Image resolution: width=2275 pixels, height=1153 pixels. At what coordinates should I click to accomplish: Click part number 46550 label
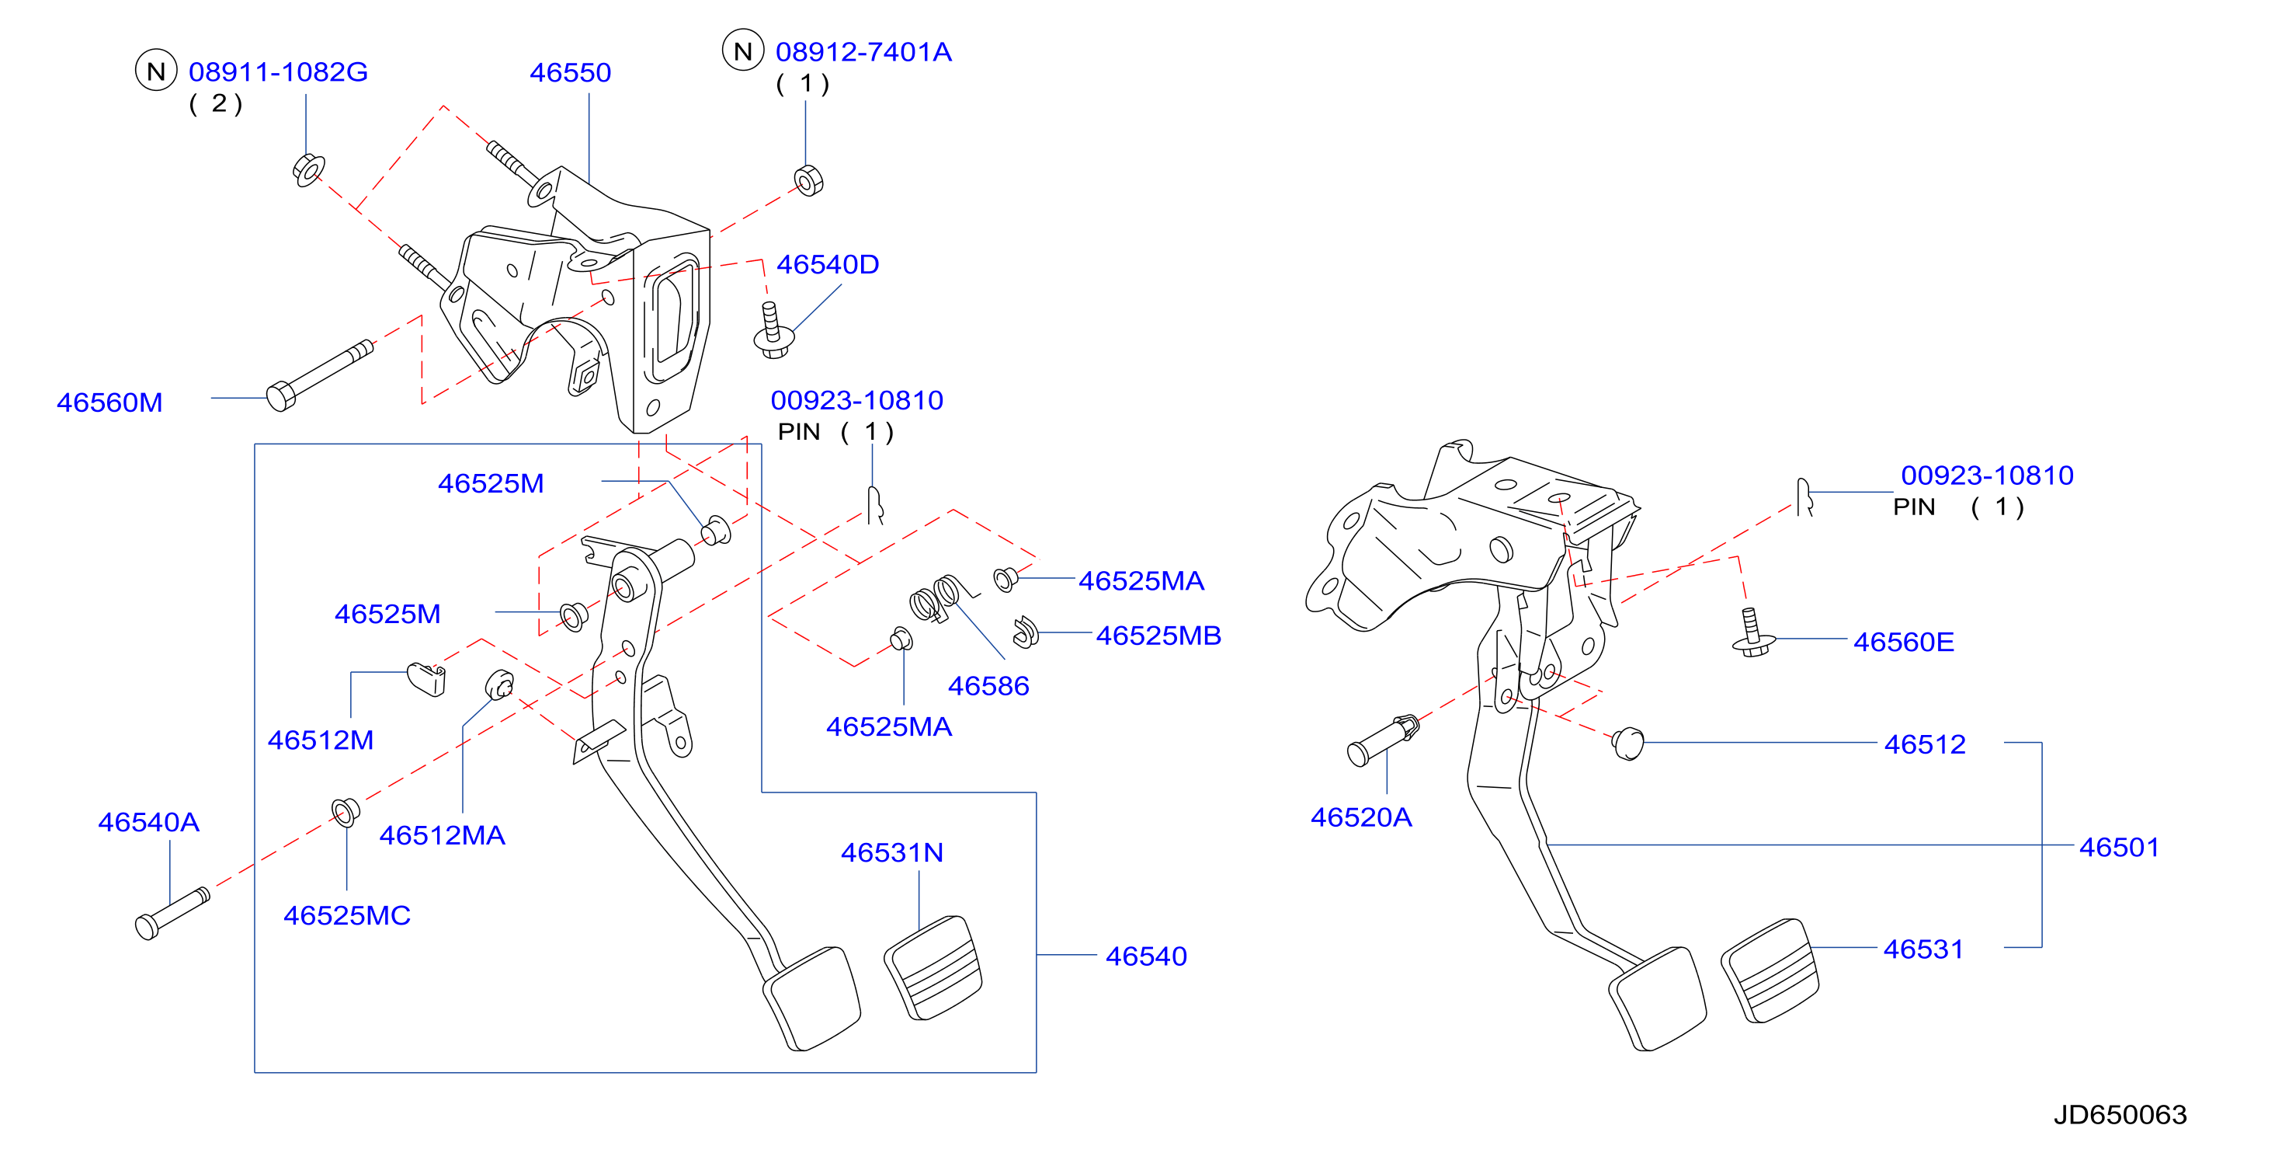[570, 72]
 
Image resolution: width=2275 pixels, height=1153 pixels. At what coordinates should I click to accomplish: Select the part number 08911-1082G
[278, 71]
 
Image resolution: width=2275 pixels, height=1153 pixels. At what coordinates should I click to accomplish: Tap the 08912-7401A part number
[863, 52]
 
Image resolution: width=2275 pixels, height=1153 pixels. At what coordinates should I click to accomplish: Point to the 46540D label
[828, 264]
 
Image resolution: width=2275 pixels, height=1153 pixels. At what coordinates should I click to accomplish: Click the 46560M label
[109, 403]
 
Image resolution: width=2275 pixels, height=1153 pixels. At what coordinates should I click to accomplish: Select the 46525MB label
[1158, 636]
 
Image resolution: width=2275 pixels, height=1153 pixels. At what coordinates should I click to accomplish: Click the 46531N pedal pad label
[892, 852]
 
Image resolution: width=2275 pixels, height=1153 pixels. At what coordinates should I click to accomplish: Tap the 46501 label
[2119, 848]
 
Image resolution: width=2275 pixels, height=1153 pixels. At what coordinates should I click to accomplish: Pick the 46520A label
[1361, 817]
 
